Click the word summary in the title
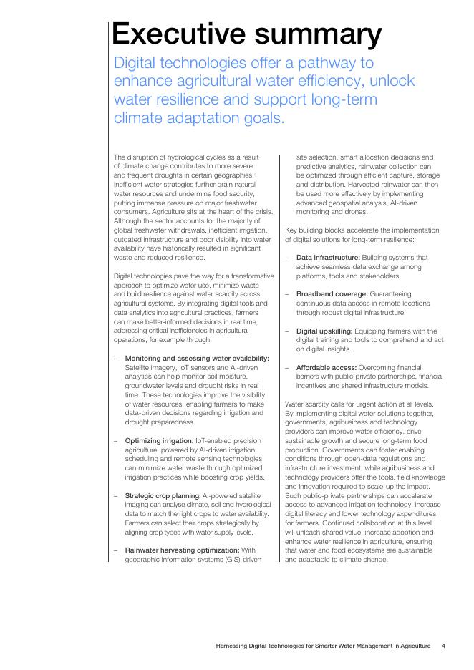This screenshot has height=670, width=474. coord(322,34)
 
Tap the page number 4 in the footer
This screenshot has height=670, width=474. coord(443,646)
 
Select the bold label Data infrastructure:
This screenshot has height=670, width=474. coord(327,257)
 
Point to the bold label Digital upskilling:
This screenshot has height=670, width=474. coord(327,331)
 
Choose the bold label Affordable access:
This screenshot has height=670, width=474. coord(327,367)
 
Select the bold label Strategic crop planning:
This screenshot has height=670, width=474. coord(163,495)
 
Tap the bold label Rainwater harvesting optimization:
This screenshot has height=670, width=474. coord(182,550)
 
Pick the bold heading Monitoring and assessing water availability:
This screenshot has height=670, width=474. coord(197,358)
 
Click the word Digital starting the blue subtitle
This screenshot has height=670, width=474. coord(139,63)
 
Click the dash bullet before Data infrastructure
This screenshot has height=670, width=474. coord(287,257)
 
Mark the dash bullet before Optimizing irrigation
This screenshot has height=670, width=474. coord(116,440)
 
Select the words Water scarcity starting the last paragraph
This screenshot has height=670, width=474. coord(309,404)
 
